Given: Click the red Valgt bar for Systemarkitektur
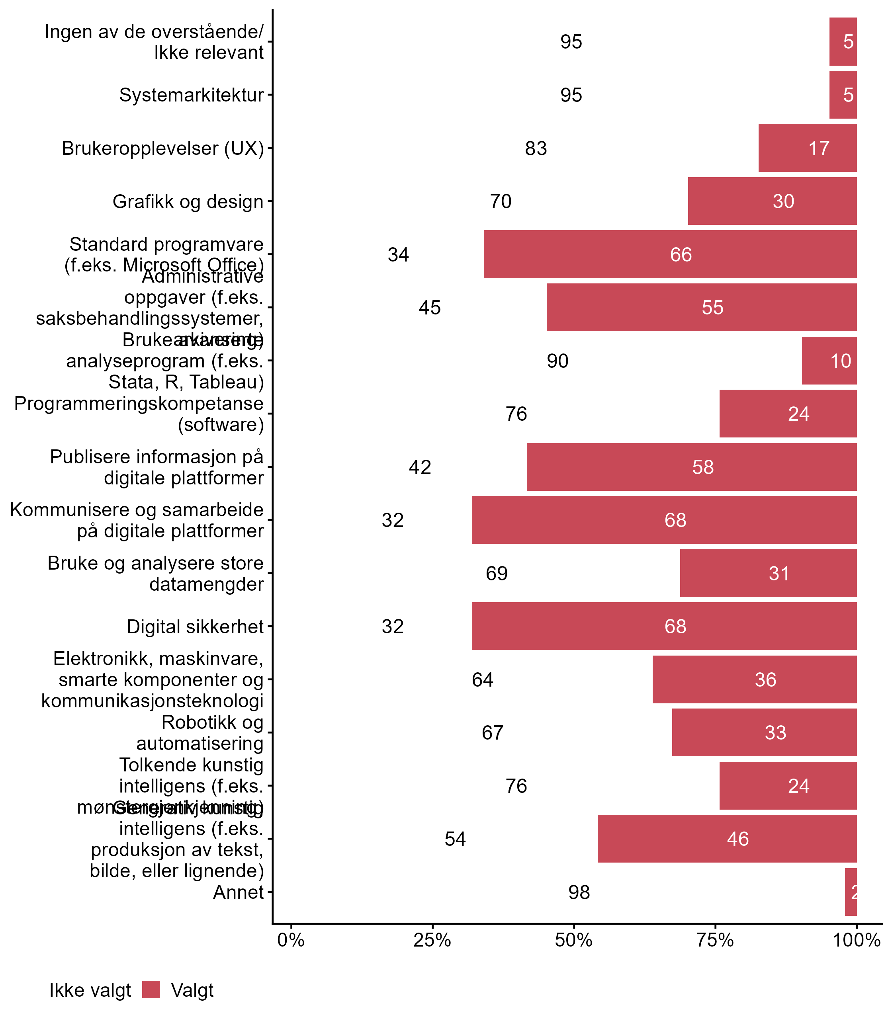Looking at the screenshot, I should point(842,95).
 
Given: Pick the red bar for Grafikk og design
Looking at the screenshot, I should point(772,201).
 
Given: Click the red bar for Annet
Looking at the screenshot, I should point(850,892).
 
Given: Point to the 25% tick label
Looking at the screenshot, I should point(432,940).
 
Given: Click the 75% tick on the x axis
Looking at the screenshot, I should point(715,940).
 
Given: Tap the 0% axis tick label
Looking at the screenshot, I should point(291,940).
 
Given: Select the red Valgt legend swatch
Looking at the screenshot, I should point(151,990).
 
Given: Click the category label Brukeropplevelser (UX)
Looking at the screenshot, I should point(163,148).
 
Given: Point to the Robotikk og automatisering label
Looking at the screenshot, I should point(200,733).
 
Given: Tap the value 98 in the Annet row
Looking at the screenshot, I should point(579,892).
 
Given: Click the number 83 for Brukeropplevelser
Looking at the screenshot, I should point(536,148).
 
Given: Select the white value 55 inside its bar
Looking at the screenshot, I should point(712,307).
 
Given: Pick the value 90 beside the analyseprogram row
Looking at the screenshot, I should point(557,361).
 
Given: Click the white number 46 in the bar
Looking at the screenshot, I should point(737,839).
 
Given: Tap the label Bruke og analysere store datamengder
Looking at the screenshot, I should point(156,573).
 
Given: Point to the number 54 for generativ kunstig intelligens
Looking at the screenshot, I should point(455,839).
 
